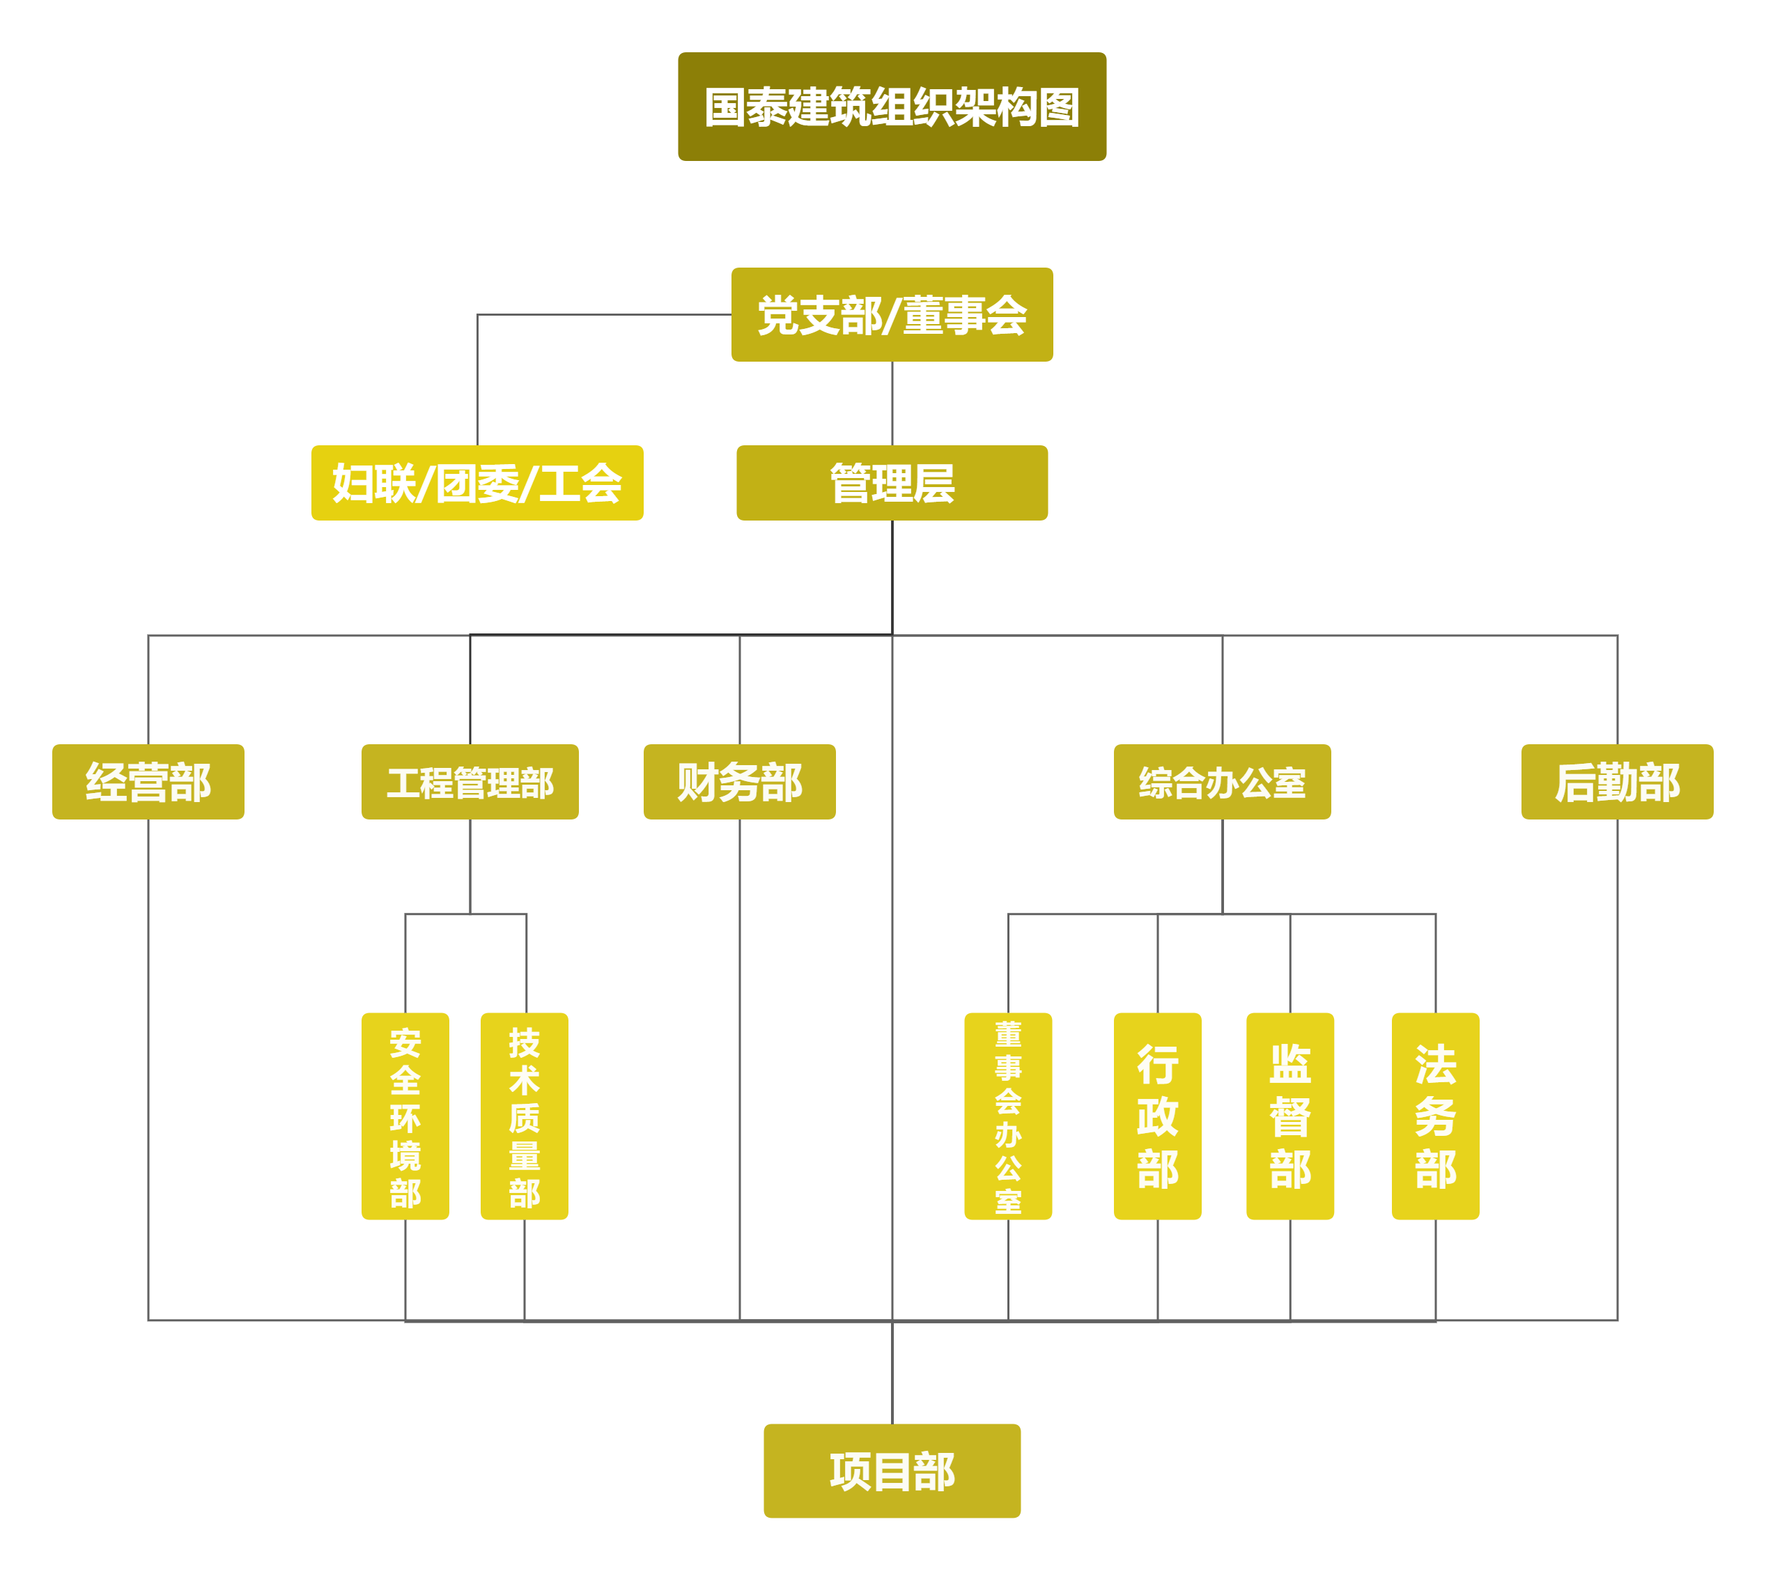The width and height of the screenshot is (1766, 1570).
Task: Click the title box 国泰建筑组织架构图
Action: click(x=892, y=107)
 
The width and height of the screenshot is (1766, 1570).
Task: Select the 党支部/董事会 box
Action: click(x=892, y=314)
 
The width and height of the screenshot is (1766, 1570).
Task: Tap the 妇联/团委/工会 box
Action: click(x=477, y=483)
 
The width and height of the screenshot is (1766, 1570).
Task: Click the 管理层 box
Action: click(x=892, y=483)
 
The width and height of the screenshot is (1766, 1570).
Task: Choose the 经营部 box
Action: click(x=148, y=782)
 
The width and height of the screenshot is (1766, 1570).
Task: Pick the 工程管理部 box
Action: click(x=470, y=782)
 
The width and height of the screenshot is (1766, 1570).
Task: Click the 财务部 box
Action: click(x=740, y=782)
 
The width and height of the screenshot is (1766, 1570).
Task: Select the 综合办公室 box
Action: click(x=1222, y=782)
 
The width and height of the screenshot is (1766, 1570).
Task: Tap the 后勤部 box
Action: click(x=1616, y=782)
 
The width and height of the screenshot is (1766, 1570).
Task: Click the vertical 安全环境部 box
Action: click(x=405, y=1116)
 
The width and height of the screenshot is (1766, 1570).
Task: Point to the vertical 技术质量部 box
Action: click(x=525, y=1116)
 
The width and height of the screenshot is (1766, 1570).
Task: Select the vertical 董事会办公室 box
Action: click(x=1008, y=1116)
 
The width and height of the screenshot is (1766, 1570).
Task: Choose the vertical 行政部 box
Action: click(x=1158, y=1116)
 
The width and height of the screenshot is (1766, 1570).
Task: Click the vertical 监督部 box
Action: click(x=1290, y=1116)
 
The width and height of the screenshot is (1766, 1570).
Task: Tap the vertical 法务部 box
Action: click(x=1435, y=1116)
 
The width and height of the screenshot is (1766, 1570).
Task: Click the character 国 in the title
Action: click(x=726, y=108)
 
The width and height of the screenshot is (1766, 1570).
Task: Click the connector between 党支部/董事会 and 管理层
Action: click(x=892, y=403)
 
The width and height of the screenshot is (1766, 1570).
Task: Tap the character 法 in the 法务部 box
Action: click(x=1435, y=1065)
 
